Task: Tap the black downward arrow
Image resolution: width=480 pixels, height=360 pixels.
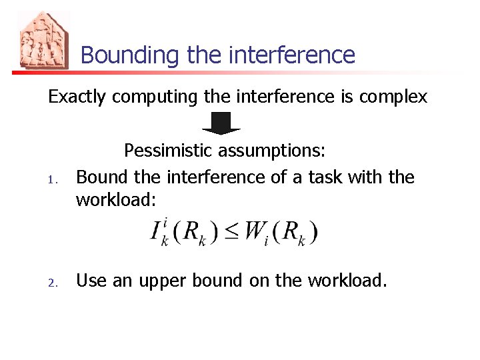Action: click(221, 123)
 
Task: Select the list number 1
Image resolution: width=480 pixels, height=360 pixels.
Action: click(57, 179)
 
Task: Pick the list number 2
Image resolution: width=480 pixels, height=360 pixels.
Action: click(57, 283)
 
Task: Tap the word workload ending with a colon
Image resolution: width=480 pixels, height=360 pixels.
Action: click(117, 199)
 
